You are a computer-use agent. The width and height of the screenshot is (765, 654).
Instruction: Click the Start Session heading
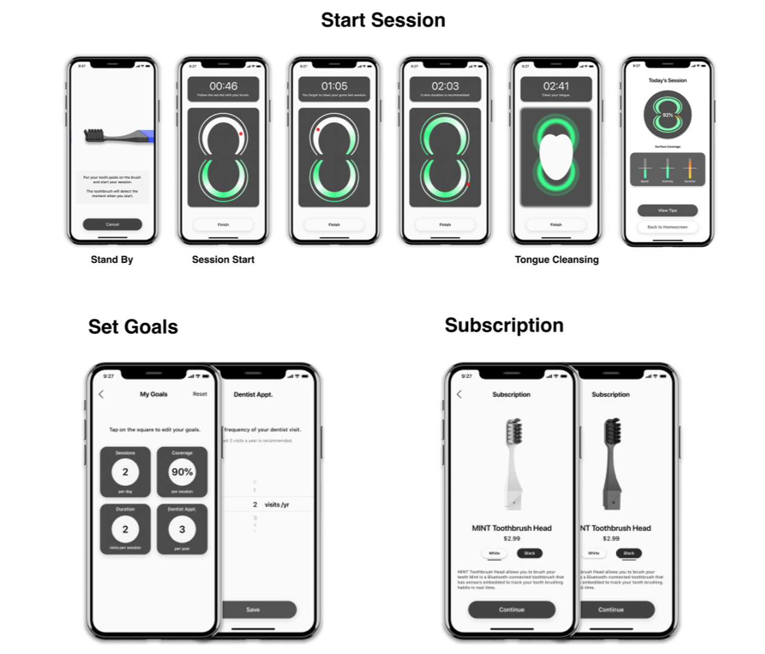(382, 21)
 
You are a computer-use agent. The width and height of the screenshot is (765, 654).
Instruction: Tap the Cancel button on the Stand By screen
(113, 224)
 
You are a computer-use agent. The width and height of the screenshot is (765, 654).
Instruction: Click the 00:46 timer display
(223, 87)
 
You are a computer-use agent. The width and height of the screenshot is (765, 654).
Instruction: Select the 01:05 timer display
(334, 87)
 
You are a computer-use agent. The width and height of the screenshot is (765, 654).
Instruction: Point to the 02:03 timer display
(445, 87)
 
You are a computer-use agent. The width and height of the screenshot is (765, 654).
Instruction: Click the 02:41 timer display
(556, 87)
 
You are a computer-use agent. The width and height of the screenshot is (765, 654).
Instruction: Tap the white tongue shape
(555, 155)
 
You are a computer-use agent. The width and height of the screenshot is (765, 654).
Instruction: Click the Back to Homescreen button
(667, 227)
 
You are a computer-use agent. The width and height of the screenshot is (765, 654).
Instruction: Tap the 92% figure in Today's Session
(668, 114)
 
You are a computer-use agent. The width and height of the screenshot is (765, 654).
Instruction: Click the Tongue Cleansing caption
(557, 260)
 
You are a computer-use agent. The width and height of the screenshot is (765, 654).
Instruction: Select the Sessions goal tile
(125, 472)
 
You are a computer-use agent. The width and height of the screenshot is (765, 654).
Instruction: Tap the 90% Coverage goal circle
(182, 472)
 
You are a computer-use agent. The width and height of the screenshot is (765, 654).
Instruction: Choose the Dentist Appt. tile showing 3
(182, 529)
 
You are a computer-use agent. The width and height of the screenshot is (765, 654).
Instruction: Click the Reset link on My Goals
(200, 394)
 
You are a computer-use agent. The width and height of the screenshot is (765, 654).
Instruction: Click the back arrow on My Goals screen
(101, 394)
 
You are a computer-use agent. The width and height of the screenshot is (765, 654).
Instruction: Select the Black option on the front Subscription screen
(530, 553)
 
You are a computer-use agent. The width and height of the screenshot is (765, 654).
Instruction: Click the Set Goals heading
(133, 327)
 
